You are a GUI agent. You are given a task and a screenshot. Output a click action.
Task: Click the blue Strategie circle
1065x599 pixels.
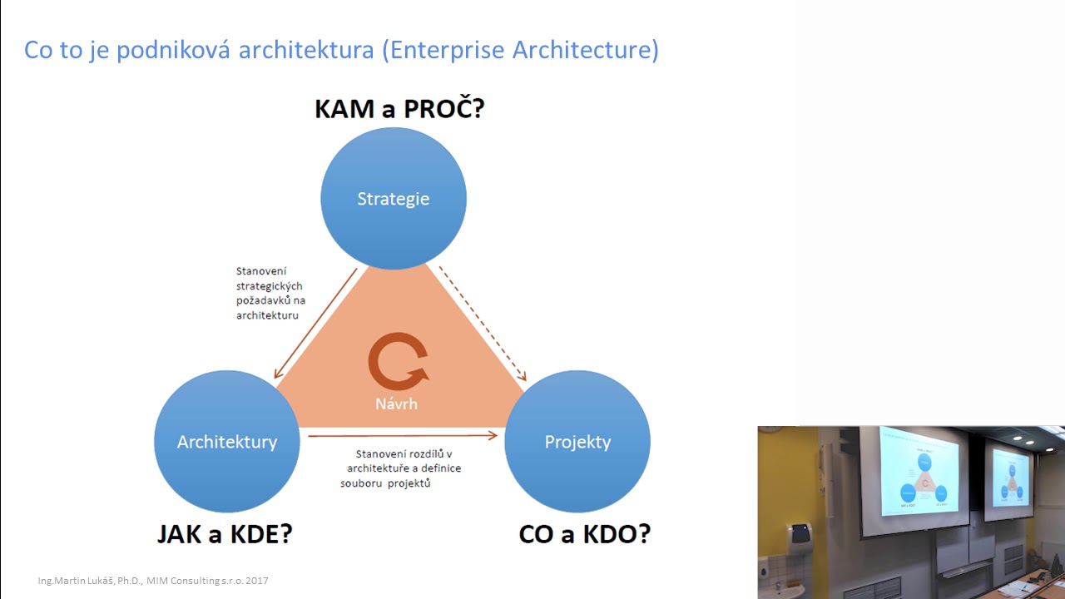(x=394, y=198)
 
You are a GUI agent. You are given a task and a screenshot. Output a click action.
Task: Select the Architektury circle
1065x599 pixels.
(x=227, y=442)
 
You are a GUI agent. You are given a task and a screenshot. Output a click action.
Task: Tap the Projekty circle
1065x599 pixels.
(x=577, y=442)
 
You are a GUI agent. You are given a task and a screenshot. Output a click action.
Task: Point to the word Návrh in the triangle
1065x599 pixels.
(x=396, y=404)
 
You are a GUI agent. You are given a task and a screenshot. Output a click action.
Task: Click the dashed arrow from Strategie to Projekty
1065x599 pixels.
(x=483, y=324)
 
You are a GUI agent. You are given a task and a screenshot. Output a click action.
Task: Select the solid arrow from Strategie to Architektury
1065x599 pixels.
(x=315, y=324)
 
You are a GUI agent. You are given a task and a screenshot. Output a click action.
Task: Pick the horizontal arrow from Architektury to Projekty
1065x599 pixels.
(x=403, y=435)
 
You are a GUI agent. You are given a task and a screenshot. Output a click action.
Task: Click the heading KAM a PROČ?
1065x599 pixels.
(x=399, y=108)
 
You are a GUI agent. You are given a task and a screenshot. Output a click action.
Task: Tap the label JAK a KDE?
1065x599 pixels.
(x=225, y=534)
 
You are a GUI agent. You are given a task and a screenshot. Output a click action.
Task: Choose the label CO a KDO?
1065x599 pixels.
(x=585, y=534)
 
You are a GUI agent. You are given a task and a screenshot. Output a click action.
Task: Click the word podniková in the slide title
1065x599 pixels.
(x=174, y=51)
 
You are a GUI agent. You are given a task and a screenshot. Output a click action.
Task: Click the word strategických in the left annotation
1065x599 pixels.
(x=269, y=286)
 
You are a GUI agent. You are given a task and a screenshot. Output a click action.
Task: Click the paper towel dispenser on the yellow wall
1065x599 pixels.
(x=799, y=537)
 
